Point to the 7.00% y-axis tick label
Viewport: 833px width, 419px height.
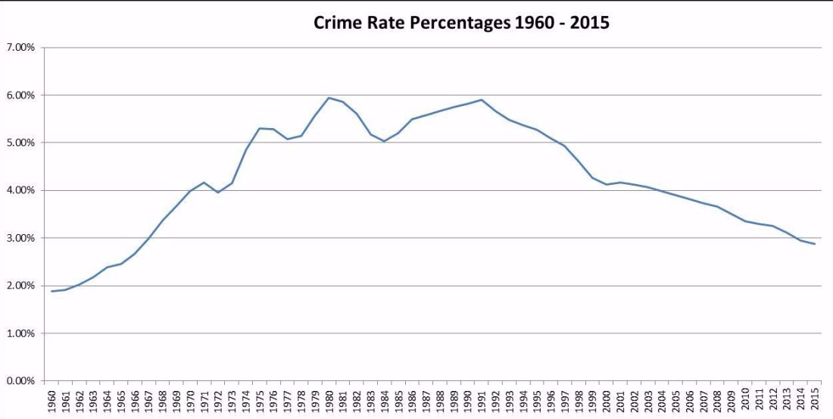pyautogui.click(x=20, y=48)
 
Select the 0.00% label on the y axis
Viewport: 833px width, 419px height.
pyautogui.click(x=20, y=380)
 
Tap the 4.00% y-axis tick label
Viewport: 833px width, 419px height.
pyautogui.click(x=20, y=190)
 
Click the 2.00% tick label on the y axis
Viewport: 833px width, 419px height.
pyautogui.click(x=20, y=286)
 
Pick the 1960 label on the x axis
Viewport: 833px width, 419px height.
pyautogui.click(x=52, y=399)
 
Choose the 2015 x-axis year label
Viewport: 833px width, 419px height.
pyautogui.click(x=815, y=399)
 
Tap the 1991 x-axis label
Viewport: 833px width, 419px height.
pyautogui.click(x=482, y=399)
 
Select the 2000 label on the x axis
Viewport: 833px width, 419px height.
pyautogui.click(x=607, y=399)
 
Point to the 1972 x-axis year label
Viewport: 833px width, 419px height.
pyautogui.click(x=218, y=399)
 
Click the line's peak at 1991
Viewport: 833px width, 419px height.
pyautogui.click(x=482, y=99)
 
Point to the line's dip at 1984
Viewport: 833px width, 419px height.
pyautogui.click(x=385, y=141)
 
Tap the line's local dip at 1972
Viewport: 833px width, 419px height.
pyautogui.click(x=218, y=192)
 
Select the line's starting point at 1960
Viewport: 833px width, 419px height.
pyautogui.click(x=52, y=291)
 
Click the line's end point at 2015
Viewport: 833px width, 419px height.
pyautogui.click(x=815, y=244)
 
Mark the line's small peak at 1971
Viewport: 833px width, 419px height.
pyautogui.click(x=204, y=183)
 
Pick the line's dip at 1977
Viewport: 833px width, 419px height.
pyautogui.click(x=288, y=139)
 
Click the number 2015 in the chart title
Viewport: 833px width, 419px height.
pyautogui.click(x=591, y=23)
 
